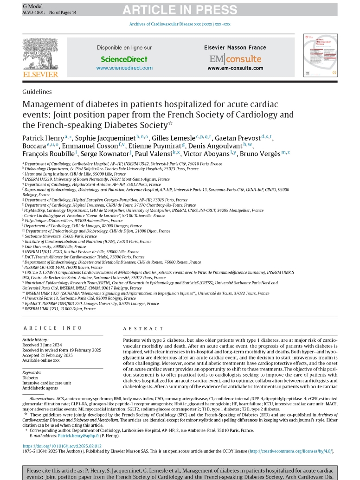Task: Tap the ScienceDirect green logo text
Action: [124, 59]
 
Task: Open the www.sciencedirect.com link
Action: [124, 68]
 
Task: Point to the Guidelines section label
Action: [37, 92]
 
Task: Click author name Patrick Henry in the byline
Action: [43, 138]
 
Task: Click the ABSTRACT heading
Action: [143, 315]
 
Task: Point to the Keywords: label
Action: [33, 373]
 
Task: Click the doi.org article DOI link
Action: [62, 446]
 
